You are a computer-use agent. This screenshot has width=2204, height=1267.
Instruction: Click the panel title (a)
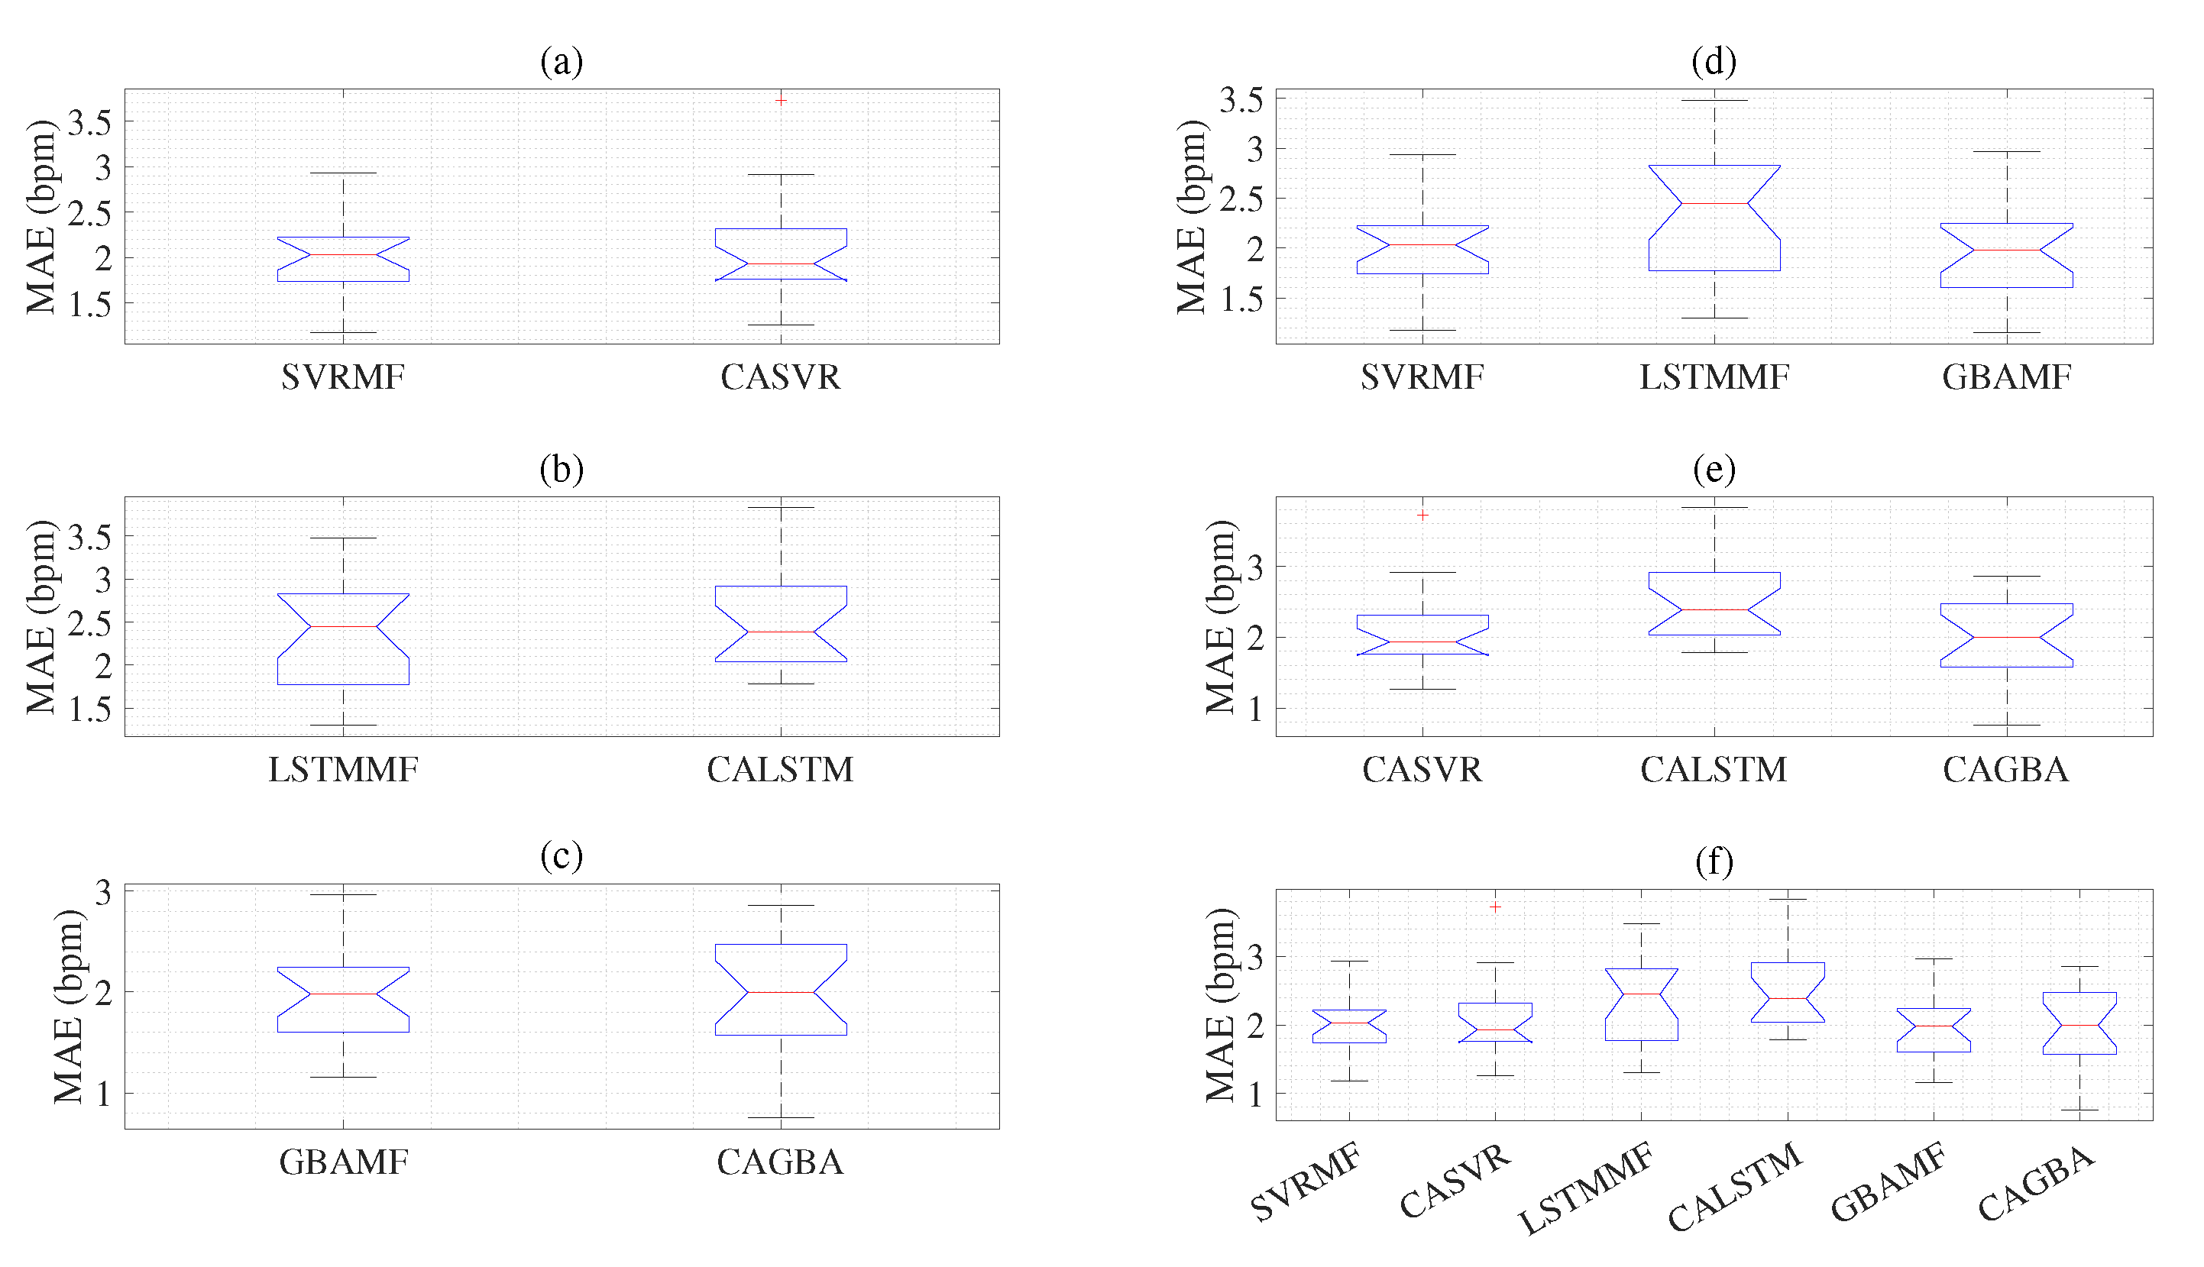562,62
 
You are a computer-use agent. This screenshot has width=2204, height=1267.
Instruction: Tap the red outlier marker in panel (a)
781,102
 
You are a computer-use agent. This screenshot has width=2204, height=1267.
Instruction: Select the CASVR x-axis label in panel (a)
781,377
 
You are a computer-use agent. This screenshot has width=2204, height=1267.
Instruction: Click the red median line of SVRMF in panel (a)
343,255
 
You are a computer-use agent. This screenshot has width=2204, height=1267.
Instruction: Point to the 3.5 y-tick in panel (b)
90,537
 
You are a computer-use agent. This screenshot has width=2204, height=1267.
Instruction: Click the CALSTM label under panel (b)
781,769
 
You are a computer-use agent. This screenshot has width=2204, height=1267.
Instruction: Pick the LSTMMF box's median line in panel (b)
343,626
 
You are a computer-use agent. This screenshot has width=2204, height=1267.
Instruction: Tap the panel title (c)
562,856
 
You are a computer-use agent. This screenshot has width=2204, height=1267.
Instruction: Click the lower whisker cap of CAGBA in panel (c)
781,1117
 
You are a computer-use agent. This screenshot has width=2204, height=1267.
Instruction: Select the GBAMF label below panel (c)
343,1162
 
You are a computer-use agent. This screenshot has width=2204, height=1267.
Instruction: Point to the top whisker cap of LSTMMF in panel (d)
1714,100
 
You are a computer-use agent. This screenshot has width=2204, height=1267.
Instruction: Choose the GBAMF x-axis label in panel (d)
2006,377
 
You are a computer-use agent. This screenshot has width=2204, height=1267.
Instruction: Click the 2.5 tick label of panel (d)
1241,199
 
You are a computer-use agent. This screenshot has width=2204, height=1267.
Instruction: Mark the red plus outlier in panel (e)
1422,516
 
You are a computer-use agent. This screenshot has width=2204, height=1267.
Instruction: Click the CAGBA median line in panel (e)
2006,637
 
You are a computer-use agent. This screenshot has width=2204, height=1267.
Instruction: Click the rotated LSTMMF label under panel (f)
1586,1190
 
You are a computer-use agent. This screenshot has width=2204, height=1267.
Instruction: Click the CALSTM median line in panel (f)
1787,998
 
